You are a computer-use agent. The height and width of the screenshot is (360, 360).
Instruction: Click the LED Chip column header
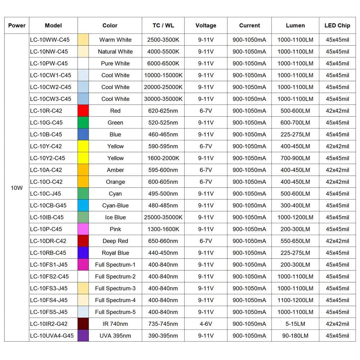[x=337, y=25]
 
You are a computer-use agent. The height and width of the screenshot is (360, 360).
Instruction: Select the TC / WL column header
[x=163, y=25]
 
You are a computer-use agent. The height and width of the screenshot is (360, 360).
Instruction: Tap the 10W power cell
[x=17, y=188]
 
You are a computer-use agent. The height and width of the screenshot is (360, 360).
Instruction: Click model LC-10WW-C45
[x=50, y=40]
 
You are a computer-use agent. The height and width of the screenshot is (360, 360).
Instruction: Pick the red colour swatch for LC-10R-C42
[x=83, y=111]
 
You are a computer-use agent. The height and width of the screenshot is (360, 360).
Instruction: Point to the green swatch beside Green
[x=83, y=122]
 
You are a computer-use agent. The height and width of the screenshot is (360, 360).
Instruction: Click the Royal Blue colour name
[x=115, y=253]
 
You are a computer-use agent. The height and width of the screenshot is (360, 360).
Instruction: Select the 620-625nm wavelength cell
[x=163, y=111]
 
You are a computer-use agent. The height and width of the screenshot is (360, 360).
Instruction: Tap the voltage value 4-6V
[x=206, y=324]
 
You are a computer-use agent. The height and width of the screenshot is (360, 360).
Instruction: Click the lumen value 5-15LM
[x=295, y=324]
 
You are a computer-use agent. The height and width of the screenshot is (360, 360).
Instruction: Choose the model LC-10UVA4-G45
[x=52, y=336]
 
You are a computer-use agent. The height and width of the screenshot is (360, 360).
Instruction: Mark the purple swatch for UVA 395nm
[x=83, y=336]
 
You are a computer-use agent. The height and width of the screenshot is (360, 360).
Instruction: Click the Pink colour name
[x=115, y=229]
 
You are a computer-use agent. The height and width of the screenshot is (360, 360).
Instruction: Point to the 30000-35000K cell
[x=163, y=99]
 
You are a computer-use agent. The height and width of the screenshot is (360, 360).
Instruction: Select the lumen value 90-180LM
[x=295, y=336]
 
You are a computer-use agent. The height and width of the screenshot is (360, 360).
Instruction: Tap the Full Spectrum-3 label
[x=115, y=288]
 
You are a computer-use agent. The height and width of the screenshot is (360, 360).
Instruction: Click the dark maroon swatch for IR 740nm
[x=83, y=324]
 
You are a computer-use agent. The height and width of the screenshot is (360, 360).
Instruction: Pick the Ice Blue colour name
[x=115, y=217]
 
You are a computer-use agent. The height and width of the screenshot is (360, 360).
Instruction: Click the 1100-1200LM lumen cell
[x=295, y=300]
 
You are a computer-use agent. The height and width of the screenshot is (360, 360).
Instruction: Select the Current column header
[x=249, y=25]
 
